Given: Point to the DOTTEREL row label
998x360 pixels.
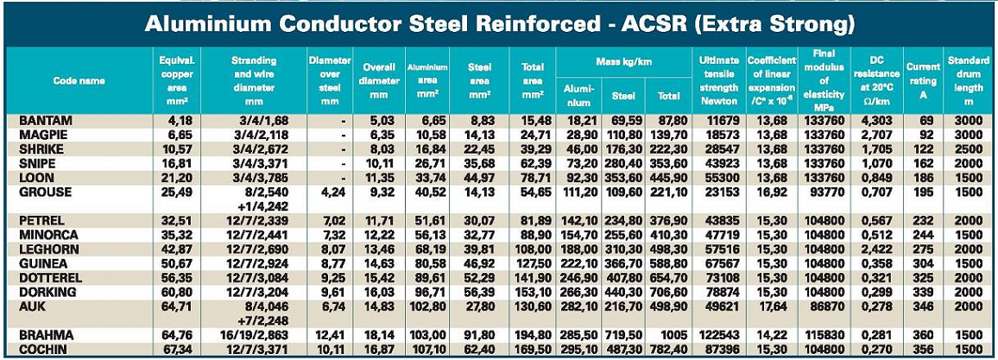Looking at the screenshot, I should click(x=50, y=279).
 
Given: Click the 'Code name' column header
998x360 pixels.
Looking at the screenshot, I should click(x=79, y=80).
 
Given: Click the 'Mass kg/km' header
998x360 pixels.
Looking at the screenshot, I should click(x=623, y=62).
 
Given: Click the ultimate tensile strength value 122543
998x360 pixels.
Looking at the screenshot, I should click(x=718, y=335).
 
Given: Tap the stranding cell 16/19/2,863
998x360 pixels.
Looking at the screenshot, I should click(x=253, y=335).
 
